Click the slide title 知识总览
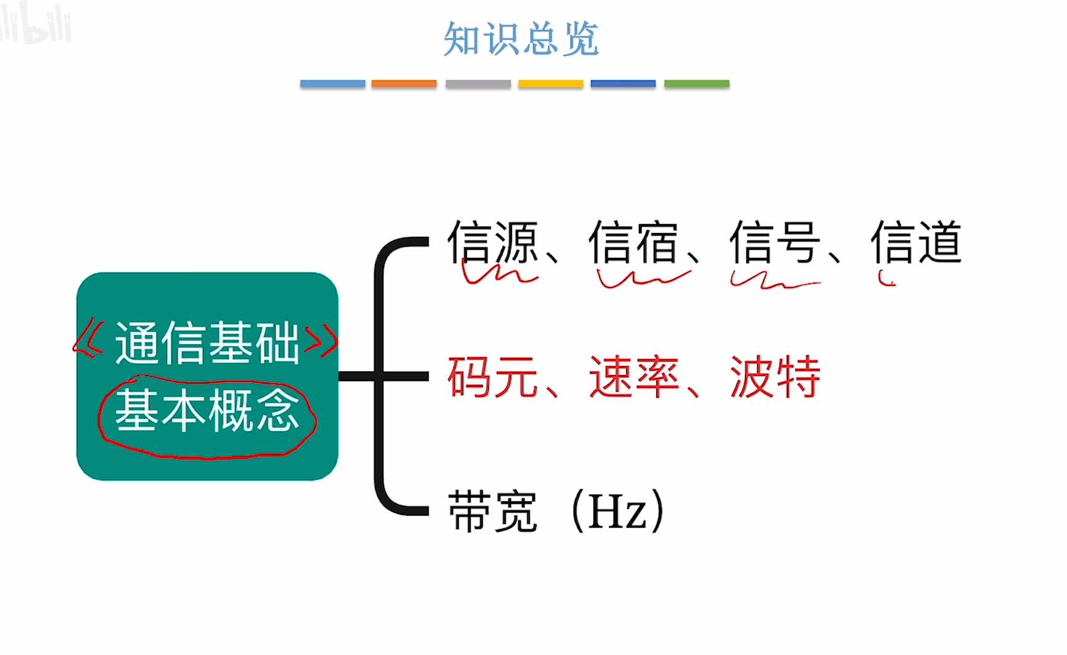521,39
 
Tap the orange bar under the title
404,83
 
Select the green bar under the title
696,83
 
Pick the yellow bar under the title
550,83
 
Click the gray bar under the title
478,83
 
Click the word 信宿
634,242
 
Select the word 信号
775,242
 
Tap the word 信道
917,242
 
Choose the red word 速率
634,376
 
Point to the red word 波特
775,376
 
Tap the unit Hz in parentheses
617,511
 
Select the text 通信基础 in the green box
207,343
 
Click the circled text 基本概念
207,411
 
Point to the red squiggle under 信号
774,282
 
